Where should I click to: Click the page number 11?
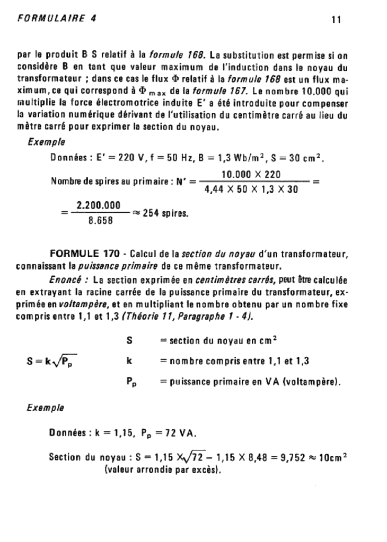(x=335, y=20)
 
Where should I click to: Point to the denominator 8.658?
(x=100, y=221)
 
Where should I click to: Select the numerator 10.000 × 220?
(x=250, y=175)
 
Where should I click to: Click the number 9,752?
(x=282, y=457)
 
